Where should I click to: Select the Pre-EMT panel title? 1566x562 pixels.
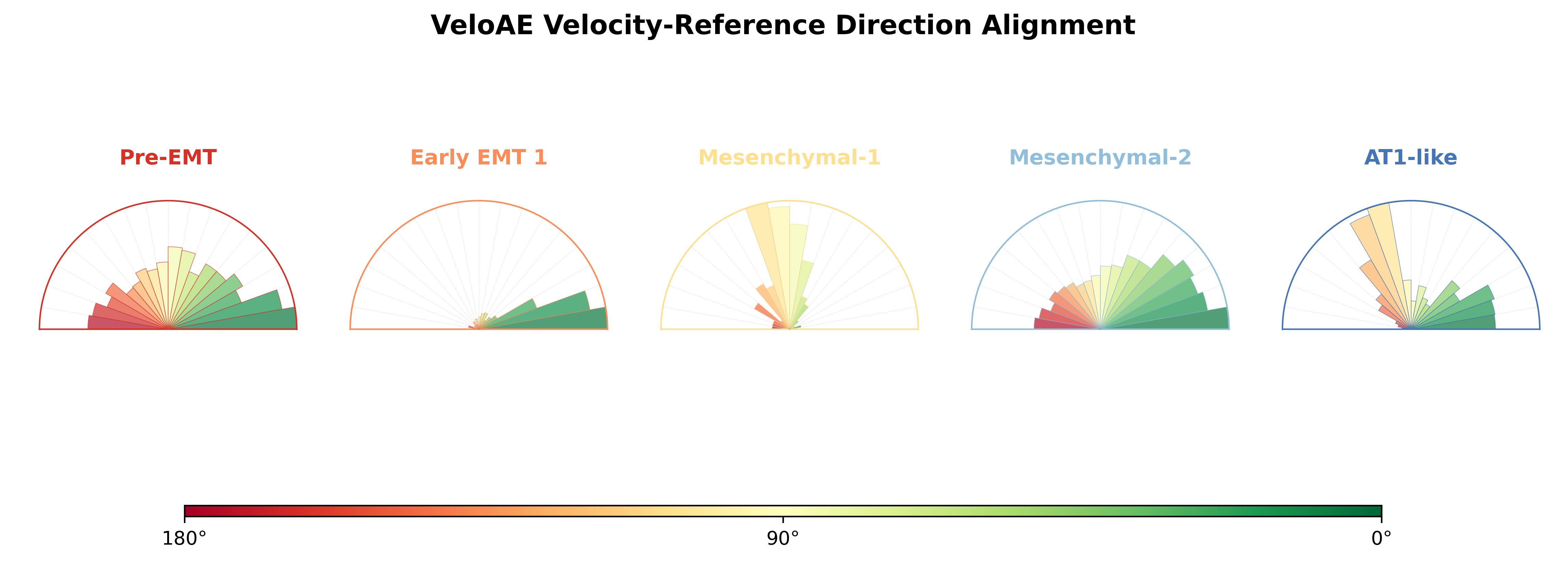click(168, 157)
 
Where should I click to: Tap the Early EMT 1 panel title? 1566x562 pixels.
click(479, 157)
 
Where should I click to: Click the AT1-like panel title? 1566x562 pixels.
click(1411, 157)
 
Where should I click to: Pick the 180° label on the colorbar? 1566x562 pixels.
click(184, 539)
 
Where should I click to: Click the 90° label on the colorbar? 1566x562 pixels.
click(783, 539)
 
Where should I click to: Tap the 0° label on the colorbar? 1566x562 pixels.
click(1381, 539)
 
